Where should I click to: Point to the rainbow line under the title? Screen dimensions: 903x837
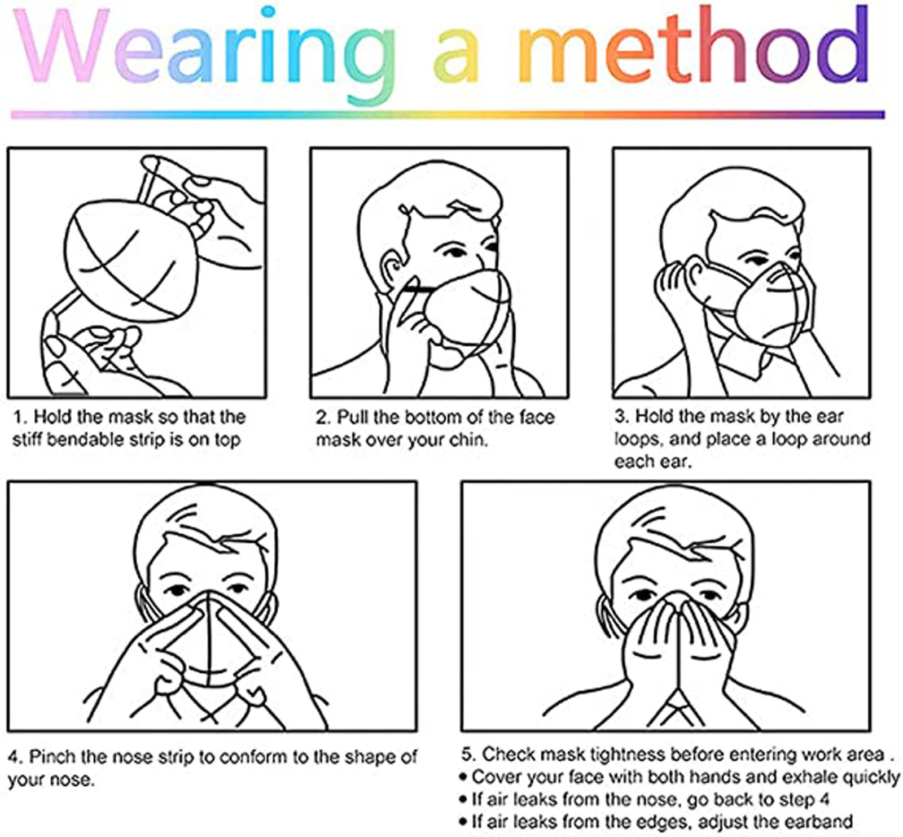tap(448, 115)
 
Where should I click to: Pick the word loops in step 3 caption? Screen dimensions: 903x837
tap(636, 440)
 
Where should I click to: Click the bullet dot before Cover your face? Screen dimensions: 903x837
tap(463, 778)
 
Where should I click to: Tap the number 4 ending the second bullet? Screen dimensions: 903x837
tap(824, 800)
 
